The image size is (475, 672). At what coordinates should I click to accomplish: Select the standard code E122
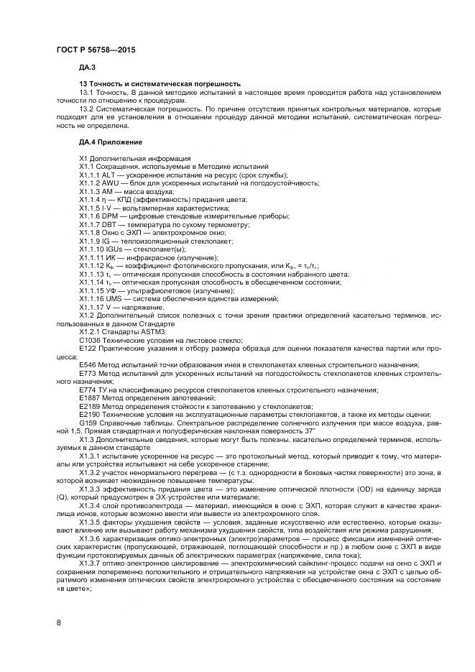[87, 349]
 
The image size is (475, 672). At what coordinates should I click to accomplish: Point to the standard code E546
[87, 365]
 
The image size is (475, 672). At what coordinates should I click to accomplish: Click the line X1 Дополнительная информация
[135, 158]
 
